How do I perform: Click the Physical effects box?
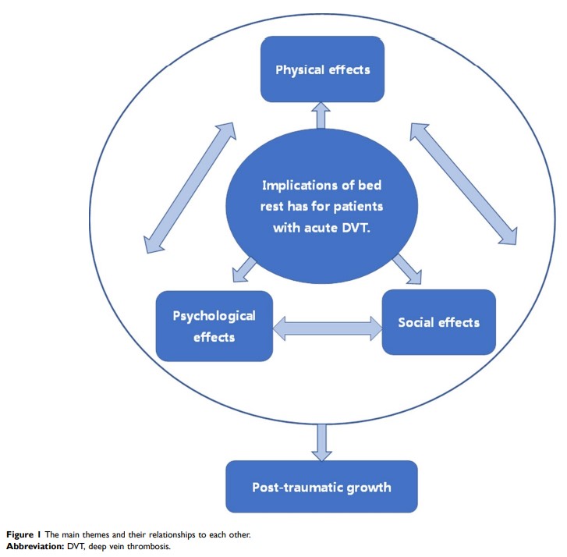pyautogui.click(x=322, y=70)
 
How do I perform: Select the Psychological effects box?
pyautogui.click(x=214, y=326)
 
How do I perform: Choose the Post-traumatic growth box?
pyautogui.click(x=321, y=487)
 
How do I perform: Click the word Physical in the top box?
pyautogui.click(x=299, y=70)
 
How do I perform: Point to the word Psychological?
pyautogui.click(x=214, y=316)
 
